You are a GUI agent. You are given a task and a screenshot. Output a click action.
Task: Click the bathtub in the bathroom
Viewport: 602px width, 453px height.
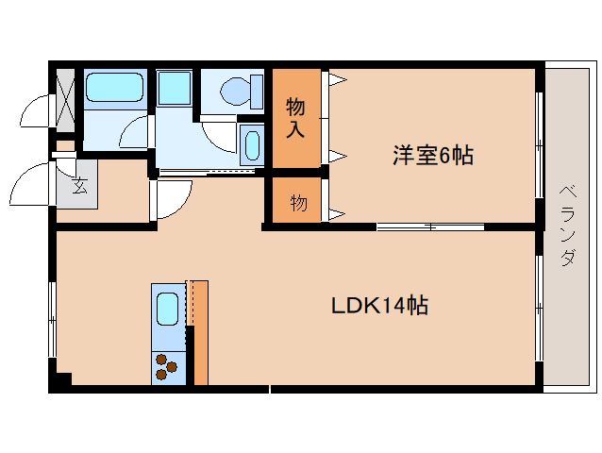coord(115,87)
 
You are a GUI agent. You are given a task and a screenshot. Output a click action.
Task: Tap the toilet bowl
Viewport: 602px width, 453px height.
coord(235,92)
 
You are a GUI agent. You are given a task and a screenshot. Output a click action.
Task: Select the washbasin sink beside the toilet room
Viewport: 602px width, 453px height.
coord(252,145)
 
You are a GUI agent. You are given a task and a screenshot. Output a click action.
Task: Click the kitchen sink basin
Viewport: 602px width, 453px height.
coord(168,309)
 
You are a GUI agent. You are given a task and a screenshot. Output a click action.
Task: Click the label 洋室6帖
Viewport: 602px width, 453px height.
coord(433,155)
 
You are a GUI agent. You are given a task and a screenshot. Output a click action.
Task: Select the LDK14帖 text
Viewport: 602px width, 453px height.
coord(379,306)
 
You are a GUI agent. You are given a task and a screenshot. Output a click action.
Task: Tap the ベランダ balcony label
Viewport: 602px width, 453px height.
coord(568,225)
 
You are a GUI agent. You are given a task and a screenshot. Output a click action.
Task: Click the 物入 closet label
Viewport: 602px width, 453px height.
coord(295,117)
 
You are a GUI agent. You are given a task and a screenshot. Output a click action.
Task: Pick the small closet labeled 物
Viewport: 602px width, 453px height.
coord(297,200)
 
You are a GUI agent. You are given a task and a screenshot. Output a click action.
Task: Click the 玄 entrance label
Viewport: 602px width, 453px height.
coord(80,186)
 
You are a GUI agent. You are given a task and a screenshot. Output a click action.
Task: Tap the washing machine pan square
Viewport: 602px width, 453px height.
coord(174,88)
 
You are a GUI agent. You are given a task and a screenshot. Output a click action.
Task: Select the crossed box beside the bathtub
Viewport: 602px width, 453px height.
coord(65,100)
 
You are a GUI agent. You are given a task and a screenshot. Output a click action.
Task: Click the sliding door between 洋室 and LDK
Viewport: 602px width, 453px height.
coord(430,226)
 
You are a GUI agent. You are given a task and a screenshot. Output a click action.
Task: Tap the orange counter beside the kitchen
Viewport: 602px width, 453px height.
coord(201,332)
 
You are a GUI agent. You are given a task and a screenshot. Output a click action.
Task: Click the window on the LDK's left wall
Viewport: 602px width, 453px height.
coord(52,319)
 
